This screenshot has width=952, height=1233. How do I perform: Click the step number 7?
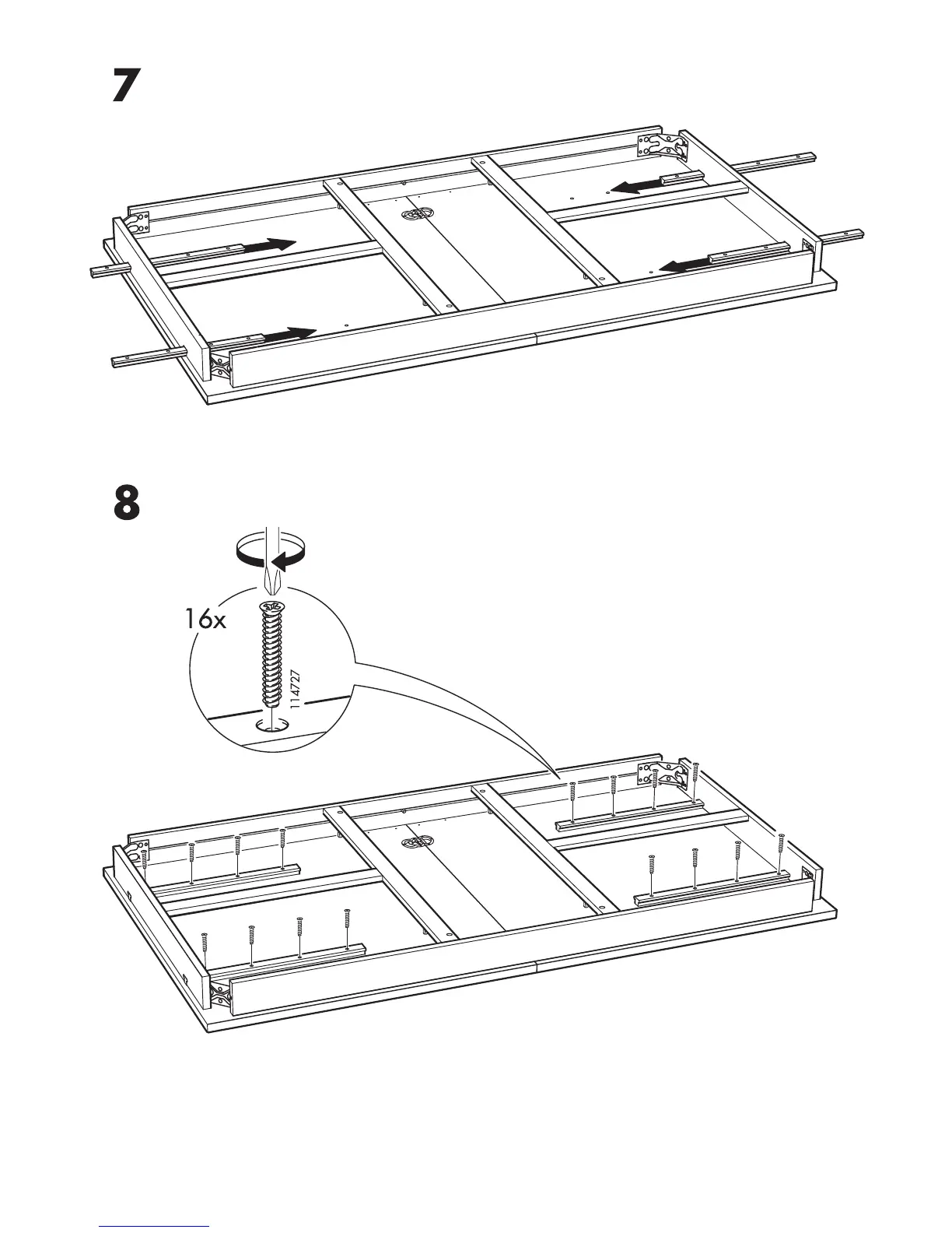click(126, 86)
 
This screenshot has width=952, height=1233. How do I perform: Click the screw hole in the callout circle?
click(271, 725)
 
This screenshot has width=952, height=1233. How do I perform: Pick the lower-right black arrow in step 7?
click(682, 265)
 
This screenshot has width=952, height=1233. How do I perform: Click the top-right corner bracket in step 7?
click(663, 146)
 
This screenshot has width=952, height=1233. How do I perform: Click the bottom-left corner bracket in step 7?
click(221, 365)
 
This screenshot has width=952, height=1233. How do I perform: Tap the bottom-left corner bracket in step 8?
click(221, 994)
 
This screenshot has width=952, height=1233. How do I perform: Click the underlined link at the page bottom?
click(154, 1227)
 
